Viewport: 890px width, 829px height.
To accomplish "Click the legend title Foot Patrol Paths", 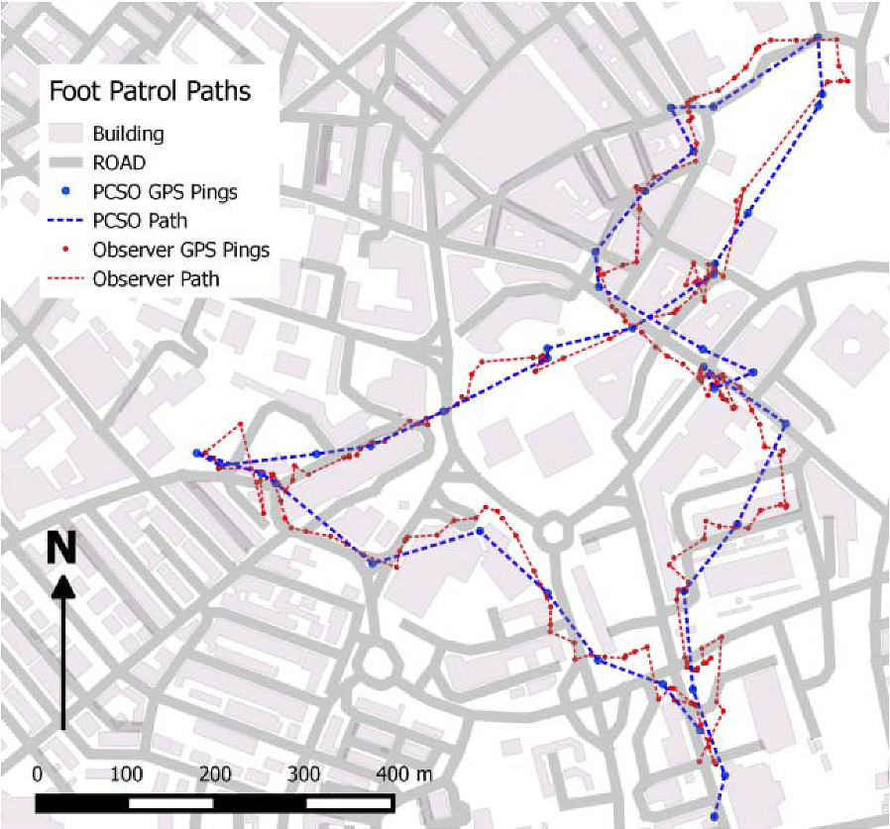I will [150, 92].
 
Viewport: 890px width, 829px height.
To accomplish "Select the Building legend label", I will [128, 134].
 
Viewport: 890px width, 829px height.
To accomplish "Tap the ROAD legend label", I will [119, 162].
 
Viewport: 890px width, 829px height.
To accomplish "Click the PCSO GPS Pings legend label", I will [165, 191].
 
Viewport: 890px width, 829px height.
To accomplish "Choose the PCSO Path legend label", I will [140, 220].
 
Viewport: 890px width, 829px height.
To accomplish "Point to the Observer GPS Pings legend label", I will [181, 249].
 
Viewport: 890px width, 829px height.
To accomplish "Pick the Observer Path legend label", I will [156, 278].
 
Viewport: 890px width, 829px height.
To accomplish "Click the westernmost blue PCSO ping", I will [197, 453].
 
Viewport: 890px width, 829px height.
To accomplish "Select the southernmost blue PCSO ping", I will [715, 817].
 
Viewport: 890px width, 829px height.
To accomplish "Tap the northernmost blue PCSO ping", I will [818, 38].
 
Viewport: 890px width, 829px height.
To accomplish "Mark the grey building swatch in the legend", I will [65, 134].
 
